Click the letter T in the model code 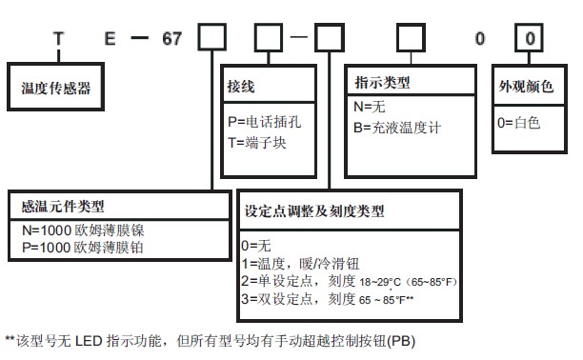pos(60,42)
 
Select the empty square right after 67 pos(211,41)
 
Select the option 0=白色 pos(518,123)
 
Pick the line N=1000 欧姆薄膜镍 pos(82,229)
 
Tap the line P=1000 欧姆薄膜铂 pos(82,246)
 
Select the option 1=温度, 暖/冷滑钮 pos(300,264)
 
